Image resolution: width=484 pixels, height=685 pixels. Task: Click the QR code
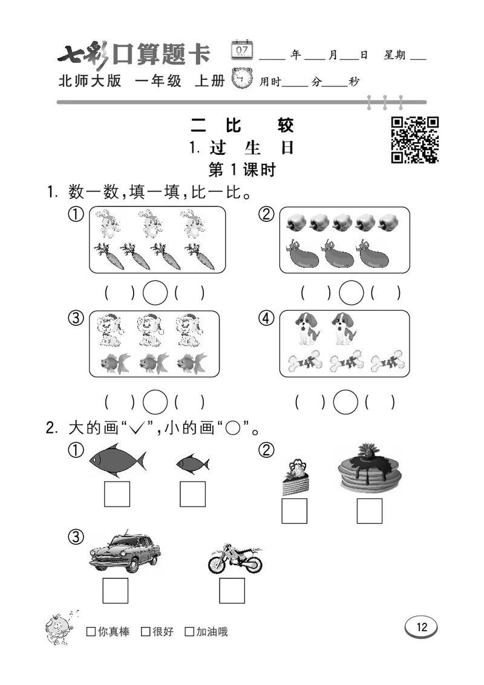[x=414, y=139]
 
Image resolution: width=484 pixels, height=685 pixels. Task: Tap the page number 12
[x=421, y=627]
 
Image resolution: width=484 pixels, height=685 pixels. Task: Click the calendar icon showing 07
[x=242, y=50]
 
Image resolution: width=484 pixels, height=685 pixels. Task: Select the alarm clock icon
[x=243, y=79]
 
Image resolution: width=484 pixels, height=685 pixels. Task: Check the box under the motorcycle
[x=232, y=591]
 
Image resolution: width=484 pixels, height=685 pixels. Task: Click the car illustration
[x=125, y=552]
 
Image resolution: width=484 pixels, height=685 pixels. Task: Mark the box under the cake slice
[x=294, y=511]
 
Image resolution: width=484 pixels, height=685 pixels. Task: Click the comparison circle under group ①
[x=155, y=294]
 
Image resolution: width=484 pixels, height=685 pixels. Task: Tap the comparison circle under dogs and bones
[x=345, y=401]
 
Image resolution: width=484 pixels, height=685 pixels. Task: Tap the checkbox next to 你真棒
[x=91, y=632]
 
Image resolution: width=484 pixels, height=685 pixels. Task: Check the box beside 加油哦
[x=189, y=632]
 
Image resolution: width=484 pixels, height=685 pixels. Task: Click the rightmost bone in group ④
[x=387, y=363]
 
